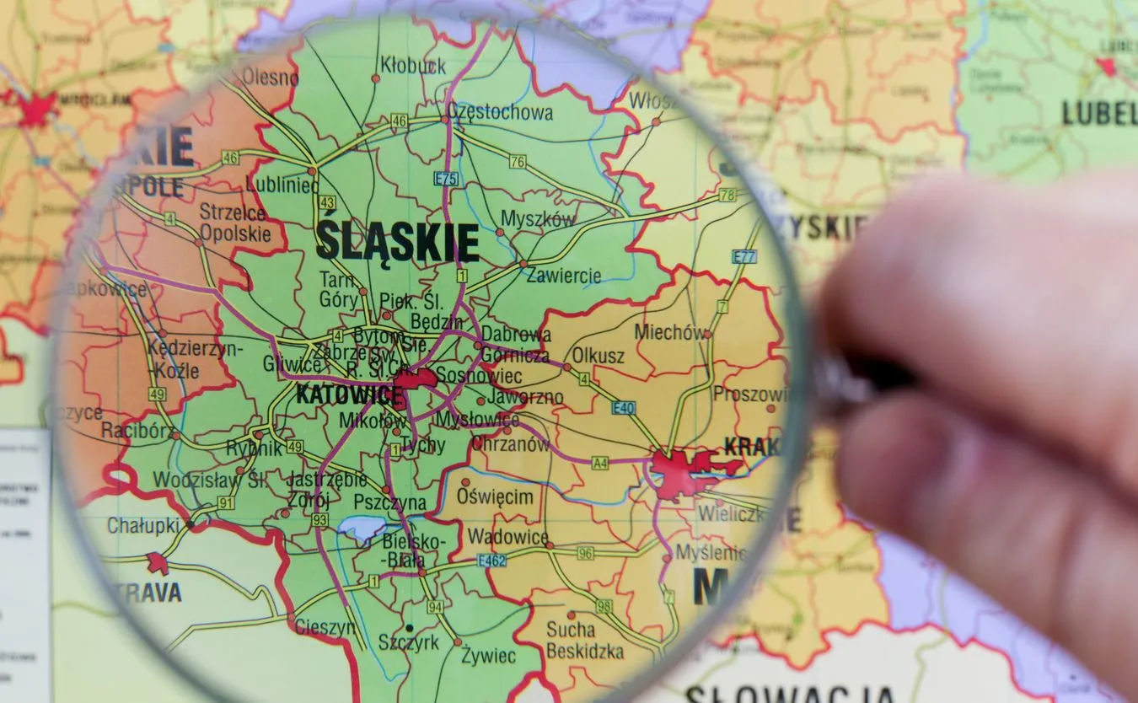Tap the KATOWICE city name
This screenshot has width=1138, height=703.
coord(350,394)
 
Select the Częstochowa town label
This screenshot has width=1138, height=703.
coord(500,112)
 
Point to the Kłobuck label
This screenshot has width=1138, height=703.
coord(413,65)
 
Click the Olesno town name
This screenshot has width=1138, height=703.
coord(270,78)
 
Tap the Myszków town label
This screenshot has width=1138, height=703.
coord(539,219)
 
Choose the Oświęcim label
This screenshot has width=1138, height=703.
coord(496,496)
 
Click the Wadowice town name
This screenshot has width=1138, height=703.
coord(507,537)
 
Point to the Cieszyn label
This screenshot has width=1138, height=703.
coord(325,627)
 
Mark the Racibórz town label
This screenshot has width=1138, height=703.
coord(137,431)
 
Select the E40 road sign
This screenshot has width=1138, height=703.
coord(624,408)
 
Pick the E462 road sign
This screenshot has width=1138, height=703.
coord(491,560)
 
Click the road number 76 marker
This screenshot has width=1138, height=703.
coord(518,161)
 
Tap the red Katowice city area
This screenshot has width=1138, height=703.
coord(415,379)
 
